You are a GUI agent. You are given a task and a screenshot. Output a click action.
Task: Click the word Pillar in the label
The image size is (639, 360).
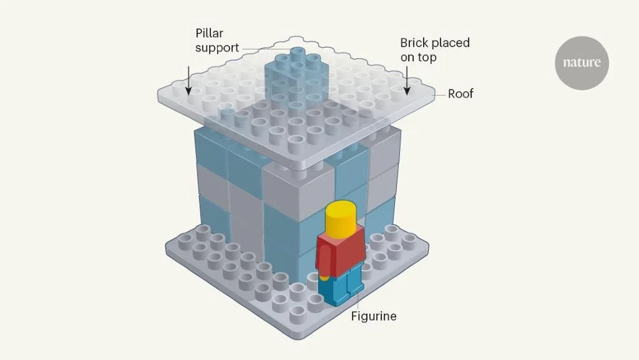pos(209,32)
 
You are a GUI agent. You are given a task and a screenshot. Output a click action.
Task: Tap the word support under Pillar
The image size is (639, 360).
pos(217,47)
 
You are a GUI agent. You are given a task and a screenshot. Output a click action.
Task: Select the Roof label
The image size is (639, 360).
pos(461,94)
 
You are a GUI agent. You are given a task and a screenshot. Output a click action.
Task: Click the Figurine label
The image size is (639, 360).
pos(373,317)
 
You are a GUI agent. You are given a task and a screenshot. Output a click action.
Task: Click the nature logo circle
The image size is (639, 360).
pos(581,62)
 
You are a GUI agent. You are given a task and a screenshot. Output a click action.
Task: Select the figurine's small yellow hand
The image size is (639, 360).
pos(325,278)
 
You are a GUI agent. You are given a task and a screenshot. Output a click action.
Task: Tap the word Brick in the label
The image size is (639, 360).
pos(415,43)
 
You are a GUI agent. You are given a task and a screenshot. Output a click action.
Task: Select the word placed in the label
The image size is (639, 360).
pos(452,43)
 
